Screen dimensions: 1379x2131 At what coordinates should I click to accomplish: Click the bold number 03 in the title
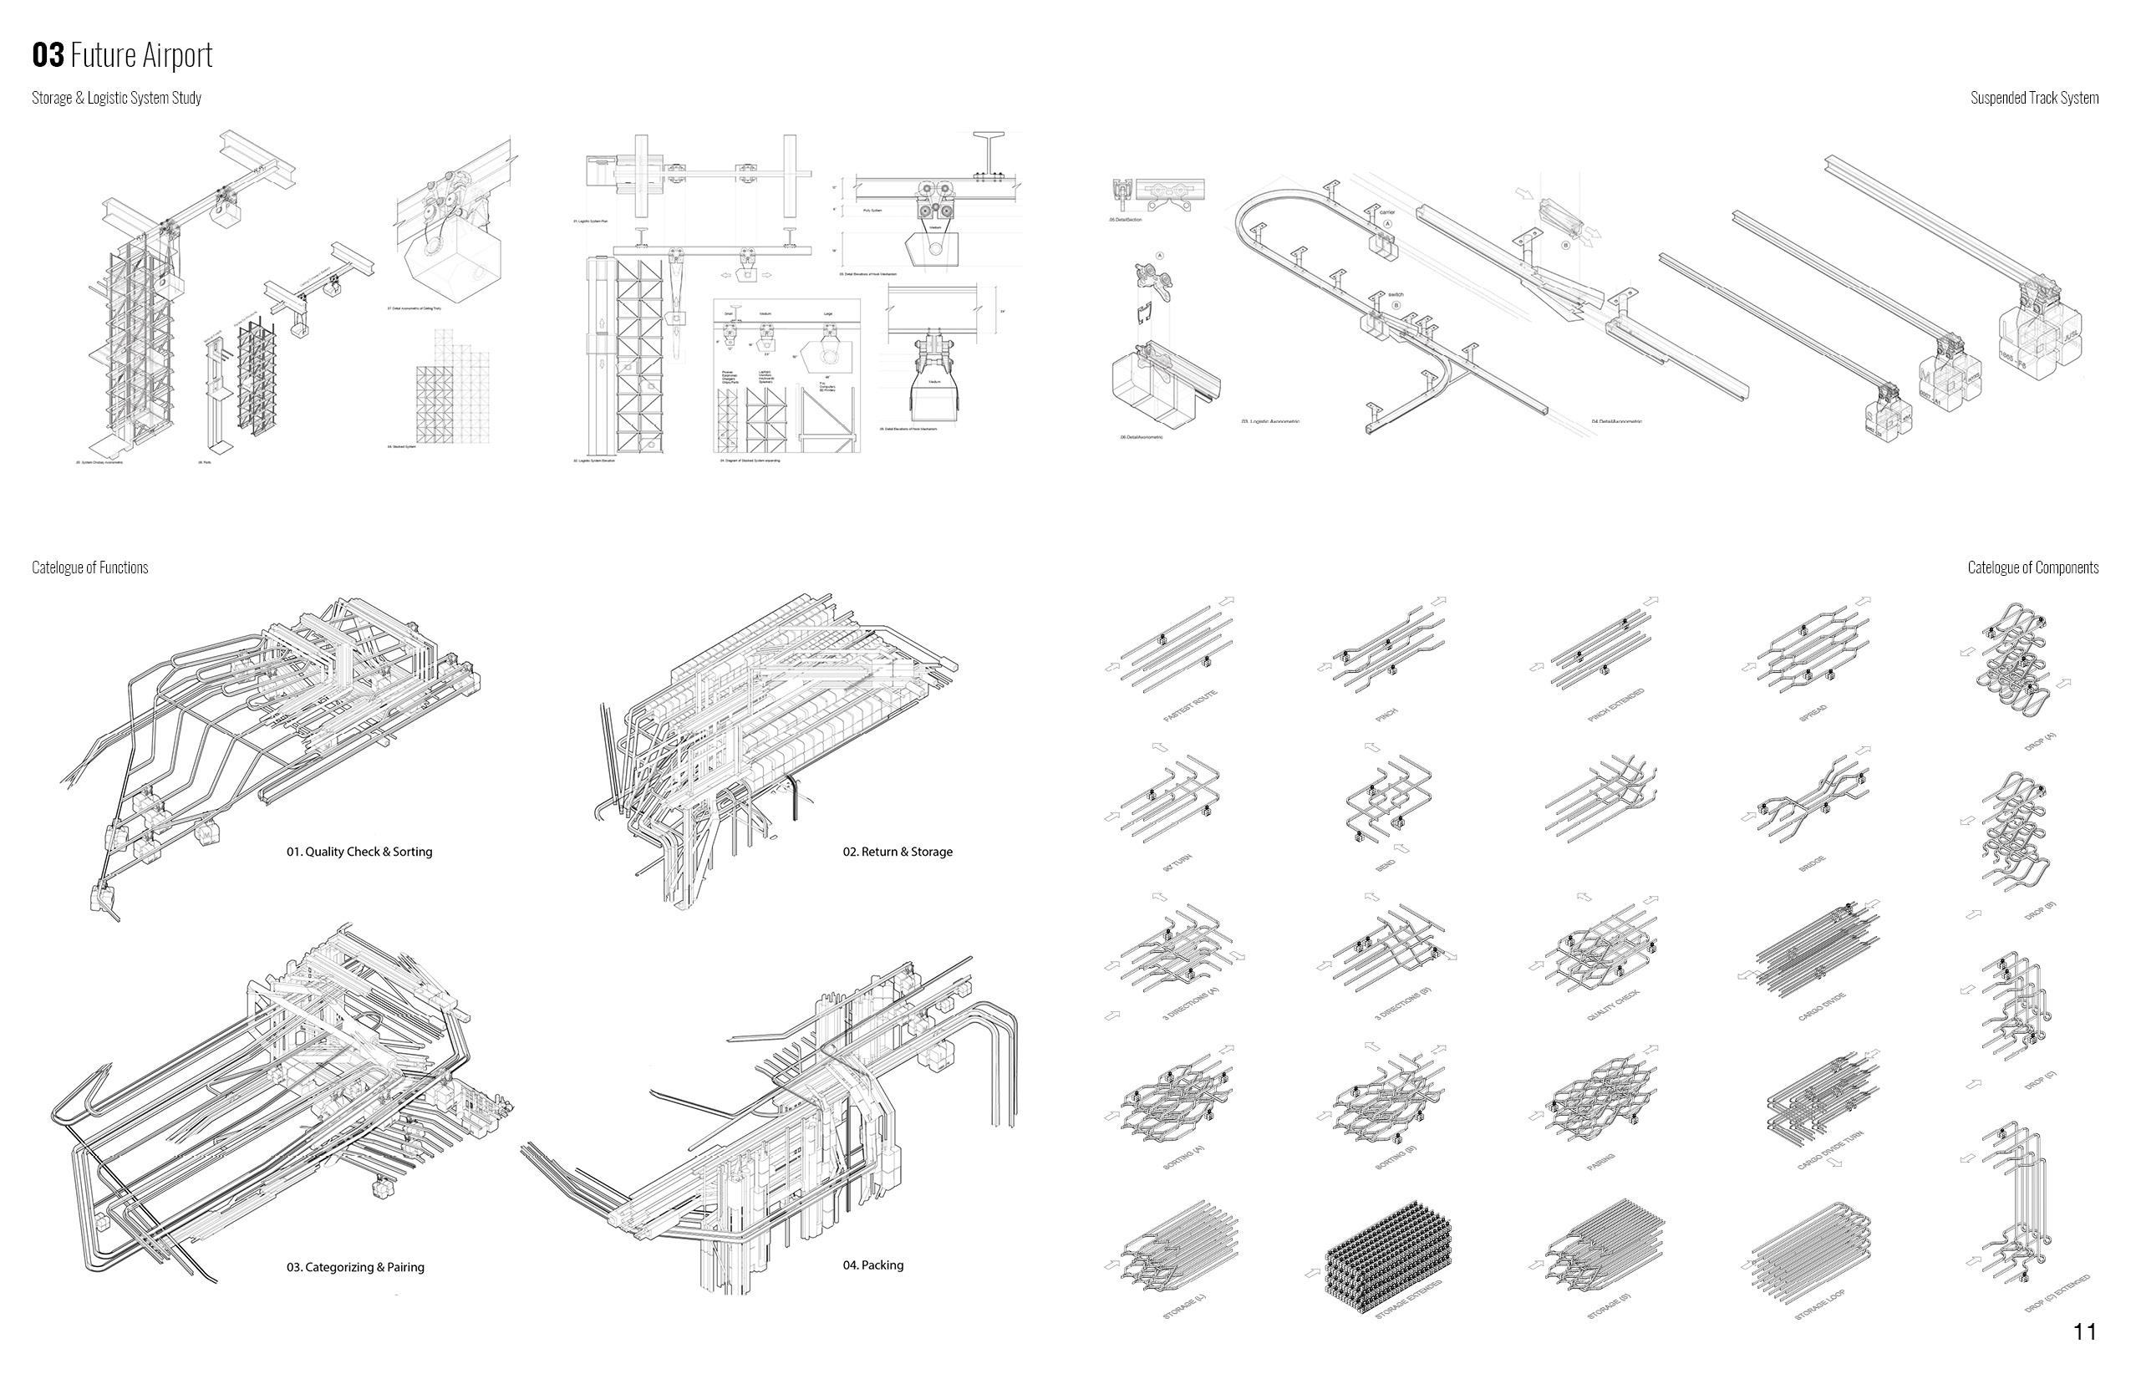(48, 55)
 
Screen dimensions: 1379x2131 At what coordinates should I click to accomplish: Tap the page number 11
(2084, 1331)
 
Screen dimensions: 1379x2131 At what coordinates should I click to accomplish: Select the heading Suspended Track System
(2033, 98)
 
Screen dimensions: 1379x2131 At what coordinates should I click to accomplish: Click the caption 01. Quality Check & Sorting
(359, 852)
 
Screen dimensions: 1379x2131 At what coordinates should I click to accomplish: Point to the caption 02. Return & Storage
(898, 852)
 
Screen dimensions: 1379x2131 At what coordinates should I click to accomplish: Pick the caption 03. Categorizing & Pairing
(355, 1267)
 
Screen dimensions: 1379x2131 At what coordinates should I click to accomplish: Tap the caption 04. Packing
(873, 1265)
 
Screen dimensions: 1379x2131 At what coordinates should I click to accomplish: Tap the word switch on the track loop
(1395, 294)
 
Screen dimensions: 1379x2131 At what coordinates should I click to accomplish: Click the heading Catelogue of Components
(2032, 567)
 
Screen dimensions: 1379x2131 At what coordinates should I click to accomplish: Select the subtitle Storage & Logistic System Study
(116, 98)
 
